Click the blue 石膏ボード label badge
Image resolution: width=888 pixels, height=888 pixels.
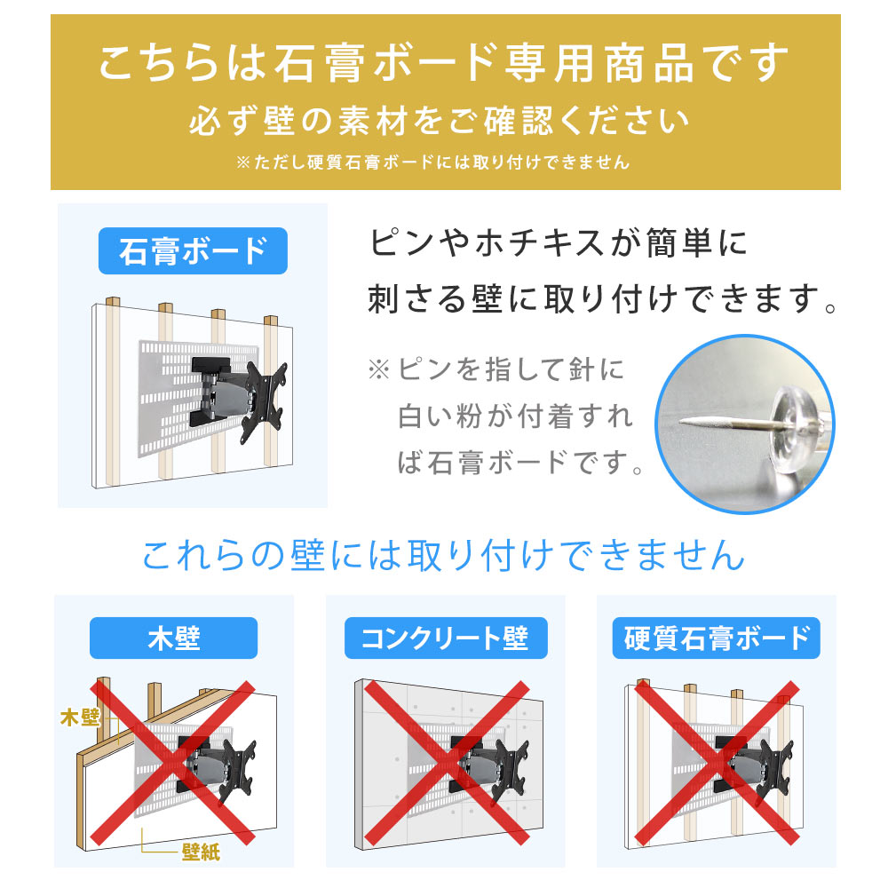coord(193,251)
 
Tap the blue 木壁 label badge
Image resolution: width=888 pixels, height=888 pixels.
coord(174,638)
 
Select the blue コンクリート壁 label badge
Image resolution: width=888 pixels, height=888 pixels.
coord(444,638)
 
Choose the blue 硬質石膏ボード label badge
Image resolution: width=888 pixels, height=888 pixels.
coord(716,638)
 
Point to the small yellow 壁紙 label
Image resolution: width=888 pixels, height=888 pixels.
coord(201,852)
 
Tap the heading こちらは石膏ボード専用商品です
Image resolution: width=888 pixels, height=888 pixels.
coord(444,66)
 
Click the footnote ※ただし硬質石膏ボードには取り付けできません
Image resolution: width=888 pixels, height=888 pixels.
coord(432,163)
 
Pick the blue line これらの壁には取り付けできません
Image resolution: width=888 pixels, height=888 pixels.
coord(442,555)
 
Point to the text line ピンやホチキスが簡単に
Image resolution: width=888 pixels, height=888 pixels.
coord(559,242)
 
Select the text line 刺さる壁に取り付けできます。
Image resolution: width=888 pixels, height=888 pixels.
coord(603,299)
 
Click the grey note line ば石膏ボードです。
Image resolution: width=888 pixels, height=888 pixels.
coord(520,463)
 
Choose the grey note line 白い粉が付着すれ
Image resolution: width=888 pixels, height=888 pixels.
coord(515,416)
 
